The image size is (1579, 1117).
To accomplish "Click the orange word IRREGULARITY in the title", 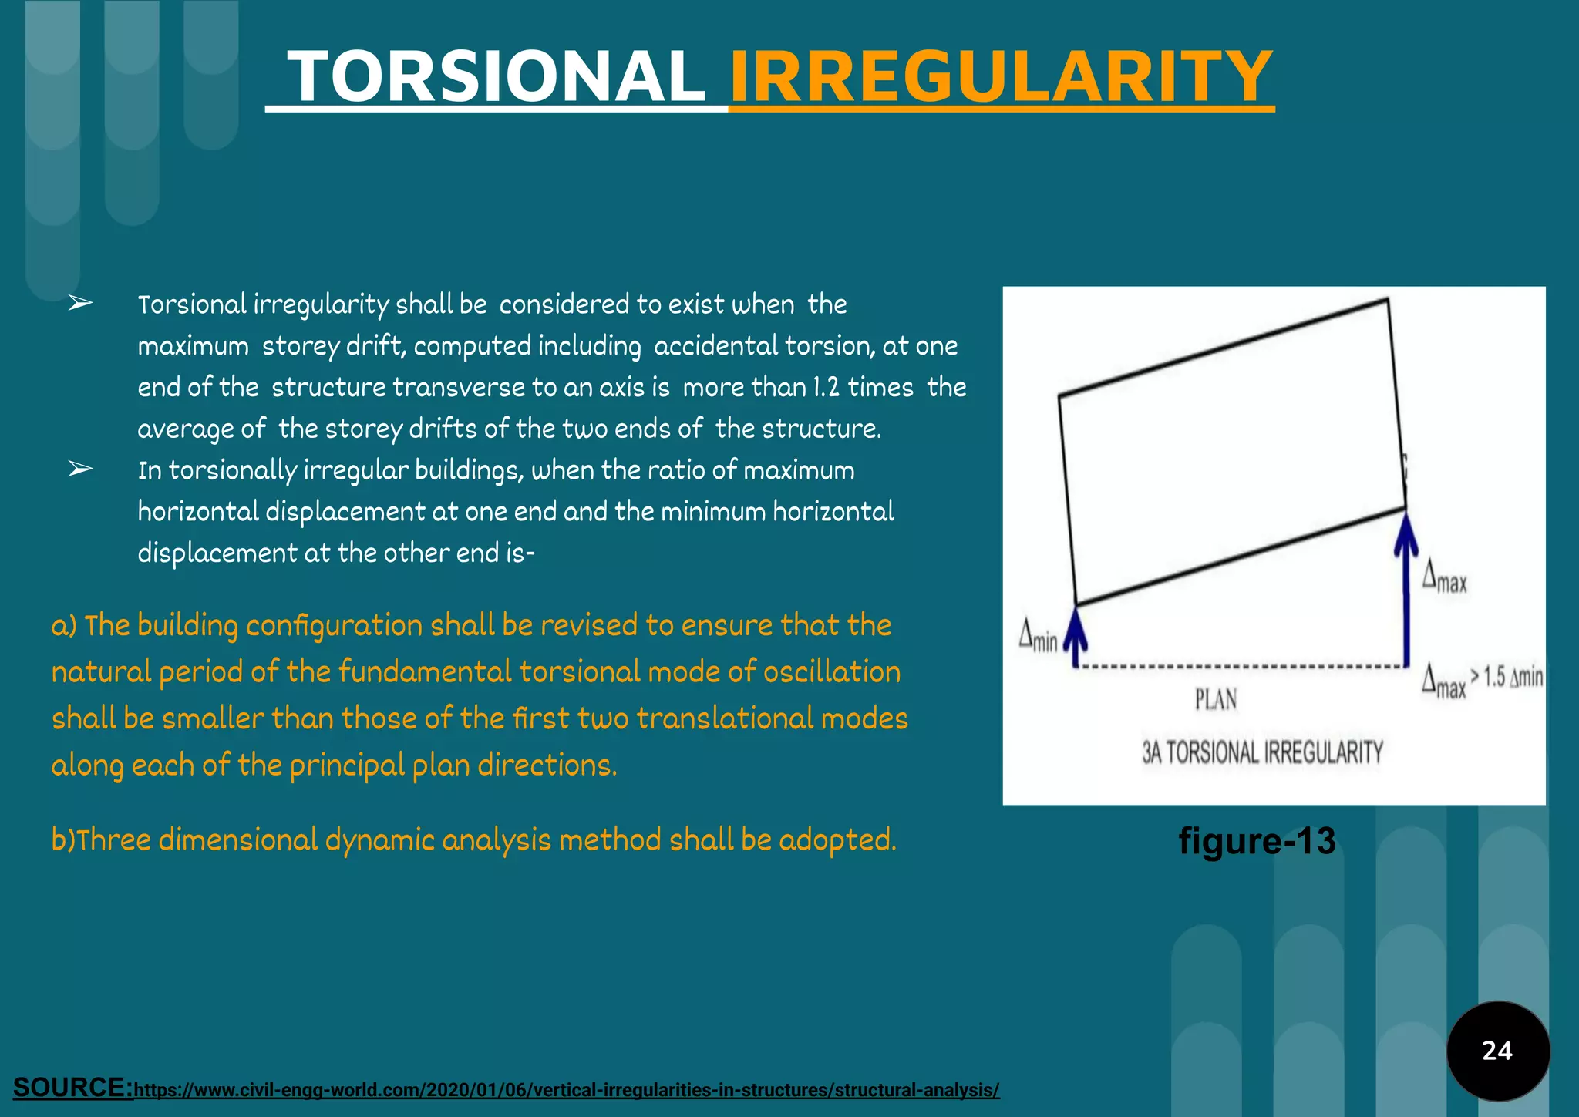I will click(1001, 76).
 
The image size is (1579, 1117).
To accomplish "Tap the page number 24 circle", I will click(1497, 1051).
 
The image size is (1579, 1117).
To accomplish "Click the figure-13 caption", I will click(1257, 840).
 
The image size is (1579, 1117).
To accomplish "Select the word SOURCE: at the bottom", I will click(73, 1087).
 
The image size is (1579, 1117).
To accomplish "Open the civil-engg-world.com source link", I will click(567, 1090).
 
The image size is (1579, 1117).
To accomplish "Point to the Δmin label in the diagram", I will click(1038, 635).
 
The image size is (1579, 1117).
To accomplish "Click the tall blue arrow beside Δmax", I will click(1406, 586).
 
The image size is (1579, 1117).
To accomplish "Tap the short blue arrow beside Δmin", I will click(1076, 637).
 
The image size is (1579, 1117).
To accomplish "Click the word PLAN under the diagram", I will click(1216, 700).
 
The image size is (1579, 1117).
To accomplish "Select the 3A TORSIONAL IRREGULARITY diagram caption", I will click(1262, 752).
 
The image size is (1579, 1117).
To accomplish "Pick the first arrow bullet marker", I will click(80, 304).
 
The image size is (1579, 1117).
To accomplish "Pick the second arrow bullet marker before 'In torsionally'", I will click(80, 469).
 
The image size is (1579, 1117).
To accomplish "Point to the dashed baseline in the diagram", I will click(1241, 666).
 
